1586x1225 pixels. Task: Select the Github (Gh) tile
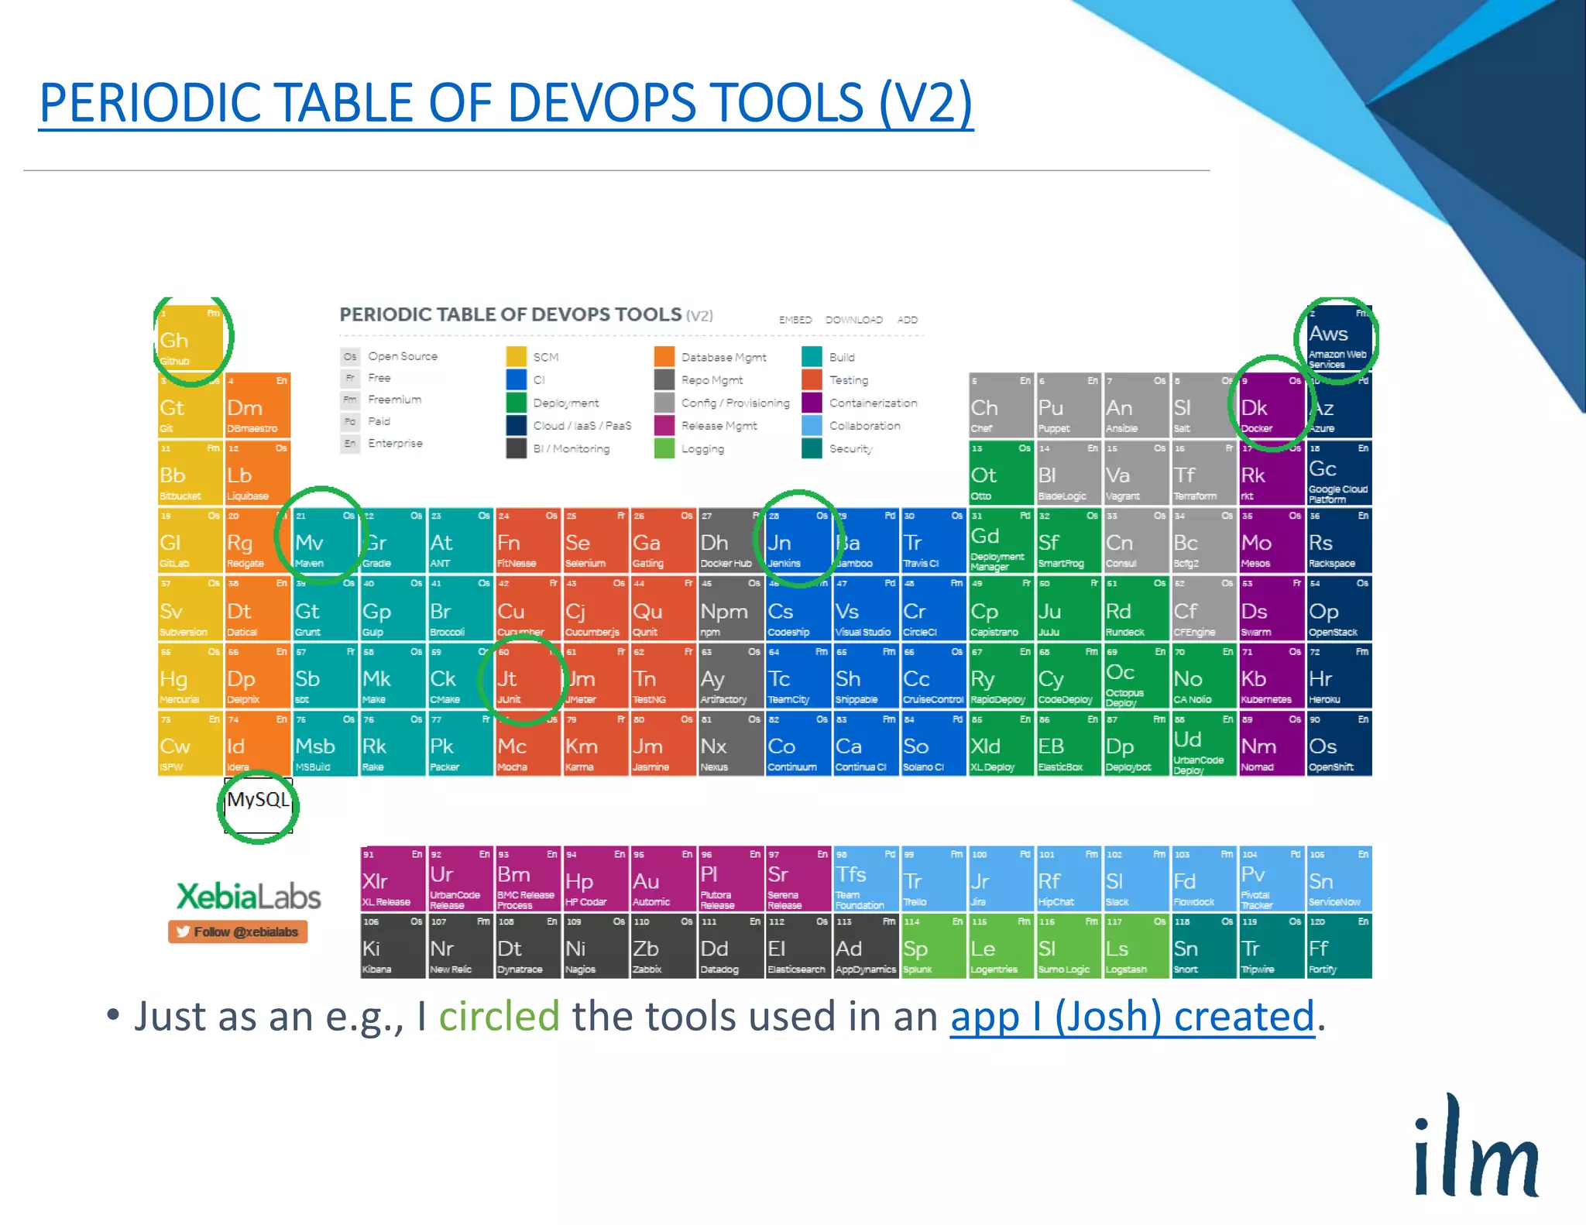(191, 338)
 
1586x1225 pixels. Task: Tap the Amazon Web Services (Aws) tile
(1338, 338)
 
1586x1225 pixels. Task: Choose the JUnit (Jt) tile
(527, 678)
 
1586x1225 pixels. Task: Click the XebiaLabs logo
(249, 896)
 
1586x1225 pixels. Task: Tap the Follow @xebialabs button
(238, 932)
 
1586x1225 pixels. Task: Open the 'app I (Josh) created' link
(1131, 1017)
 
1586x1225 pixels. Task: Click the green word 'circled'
(499, 1017)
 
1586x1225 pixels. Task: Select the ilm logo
(1475, 1148)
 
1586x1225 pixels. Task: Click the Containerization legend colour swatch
(812, 403)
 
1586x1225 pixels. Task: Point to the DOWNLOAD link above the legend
(853, 320)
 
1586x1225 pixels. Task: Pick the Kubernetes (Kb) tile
(1271, 678)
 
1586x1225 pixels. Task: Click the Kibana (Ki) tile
(393, 948)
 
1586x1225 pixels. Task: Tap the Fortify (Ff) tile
(1338, 948)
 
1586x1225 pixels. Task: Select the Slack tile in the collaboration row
(1135, 880)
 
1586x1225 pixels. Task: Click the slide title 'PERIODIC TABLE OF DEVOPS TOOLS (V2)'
(506, 103)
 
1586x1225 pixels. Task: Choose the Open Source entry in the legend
(402, 356)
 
